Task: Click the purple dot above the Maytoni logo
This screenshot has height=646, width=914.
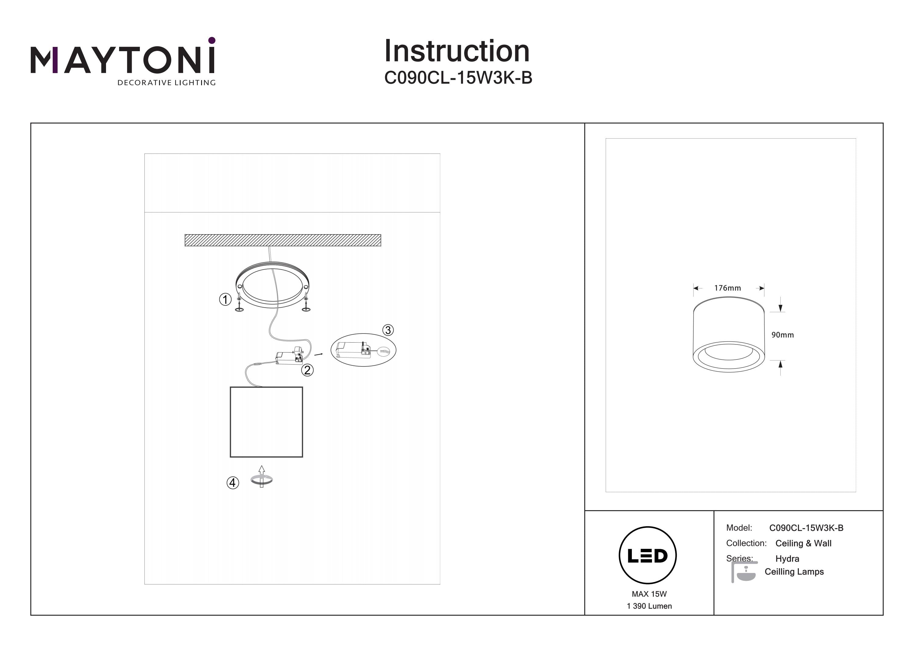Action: (x=212, y=40)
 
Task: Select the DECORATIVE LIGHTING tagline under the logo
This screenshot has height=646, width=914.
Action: (x=166, y=83)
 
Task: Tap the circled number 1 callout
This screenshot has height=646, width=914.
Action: (x=225, y=299)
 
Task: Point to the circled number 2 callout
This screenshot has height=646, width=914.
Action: (x=307, y=370)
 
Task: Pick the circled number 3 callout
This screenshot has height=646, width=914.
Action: (x=388, y=330)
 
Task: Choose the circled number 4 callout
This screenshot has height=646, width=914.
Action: (x=233, y=483)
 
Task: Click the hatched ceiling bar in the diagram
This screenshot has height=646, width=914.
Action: (x=283, y=240)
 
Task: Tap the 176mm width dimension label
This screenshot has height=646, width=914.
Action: (x=727, y=288)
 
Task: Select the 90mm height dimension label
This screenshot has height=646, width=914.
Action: (x=782, y=335)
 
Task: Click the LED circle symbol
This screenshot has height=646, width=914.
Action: (x=648, y=556)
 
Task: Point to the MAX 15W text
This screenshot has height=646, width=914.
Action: (x=649, y=594)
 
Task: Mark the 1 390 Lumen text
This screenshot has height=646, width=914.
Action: (x=649, y=606)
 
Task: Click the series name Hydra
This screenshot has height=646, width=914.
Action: (x=787, y=559)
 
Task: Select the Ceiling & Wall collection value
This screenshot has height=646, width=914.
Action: (x=803, y=543)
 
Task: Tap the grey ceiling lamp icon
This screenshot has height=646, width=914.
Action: (x=744, y=572)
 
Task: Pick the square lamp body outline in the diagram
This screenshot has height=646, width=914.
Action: (x=266, y=422)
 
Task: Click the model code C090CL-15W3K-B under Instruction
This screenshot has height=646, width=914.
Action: (x=458, y=78)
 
